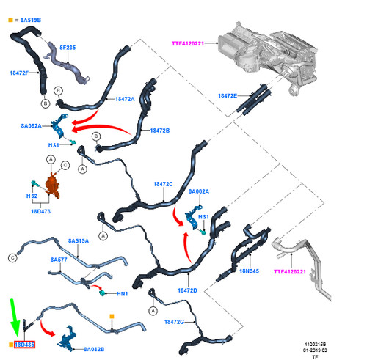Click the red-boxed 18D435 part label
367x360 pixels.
pyautogui.click(x=24, y=345)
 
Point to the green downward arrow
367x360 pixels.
pyautogui.click(x=15, y=317)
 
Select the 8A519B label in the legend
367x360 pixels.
pyautogui.click(x=31, y=20)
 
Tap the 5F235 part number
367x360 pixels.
pyautogui.click(x=68, y=48)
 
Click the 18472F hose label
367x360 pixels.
pyautogui.click(x=19, y=73)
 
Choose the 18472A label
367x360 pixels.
pyautogui.click(x=125, y=99)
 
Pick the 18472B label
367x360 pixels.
pyautogui.click(x=160, y=131)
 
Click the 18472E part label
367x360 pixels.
pyautogui.click(x=228, y=95)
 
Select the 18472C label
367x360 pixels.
pyautogui.click(x=163, y=184)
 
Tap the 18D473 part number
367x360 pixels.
pyautogui.click(x=41, y=211)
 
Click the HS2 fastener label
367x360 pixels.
pyautogui.click(x=32, y=196)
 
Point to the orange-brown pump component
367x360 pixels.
pyautogui.click(x=52, y=185)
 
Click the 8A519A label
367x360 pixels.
pyautogui.click(x=79, y=241)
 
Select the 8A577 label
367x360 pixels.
pyautogui.click(x=59, y=260)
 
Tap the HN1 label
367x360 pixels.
pyautogui.click(x=122, y=293)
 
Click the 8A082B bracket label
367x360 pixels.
pyautogui.click(x=94, y=349)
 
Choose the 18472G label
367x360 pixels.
pyautogui.click(x=174, y=322)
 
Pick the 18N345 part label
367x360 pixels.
pyautogui.click(x=249, y=271)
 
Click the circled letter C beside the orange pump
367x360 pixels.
pyautogui.click(x=65, y=166)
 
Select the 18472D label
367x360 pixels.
pyautogui.click(x=187, y=290)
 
